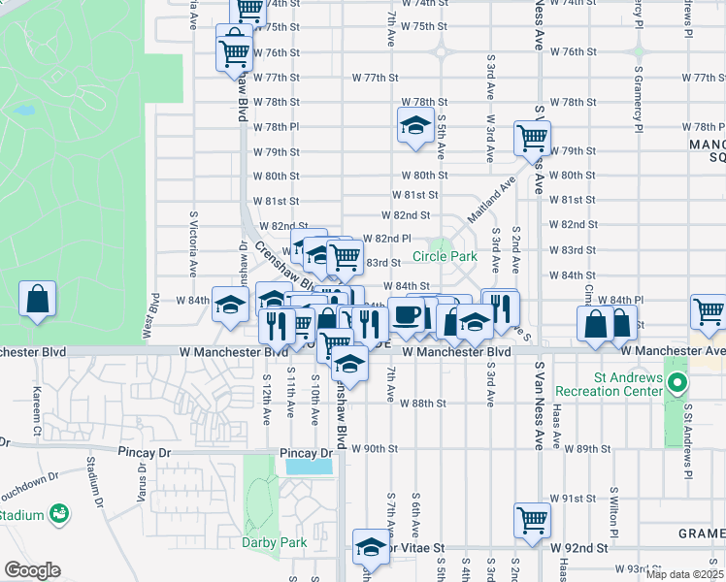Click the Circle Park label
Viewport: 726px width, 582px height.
coord(445,256)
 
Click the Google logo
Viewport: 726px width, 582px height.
coord(31,569)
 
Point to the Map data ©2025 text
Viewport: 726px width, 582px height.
coord(683,574)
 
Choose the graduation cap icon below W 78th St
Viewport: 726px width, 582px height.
coord(415,126)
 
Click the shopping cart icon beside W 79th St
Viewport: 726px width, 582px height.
coord(532,138)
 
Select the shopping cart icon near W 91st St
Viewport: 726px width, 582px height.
coord(532,520)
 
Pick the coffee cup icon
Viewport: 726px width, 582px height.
coord(407,316)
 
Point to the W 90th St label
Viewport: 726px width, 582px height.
coord(375,448)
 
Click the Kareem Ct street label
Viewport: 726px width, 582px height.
coord(37,408)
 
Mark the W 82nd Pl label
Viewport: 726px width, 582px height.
coord(387,239)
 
